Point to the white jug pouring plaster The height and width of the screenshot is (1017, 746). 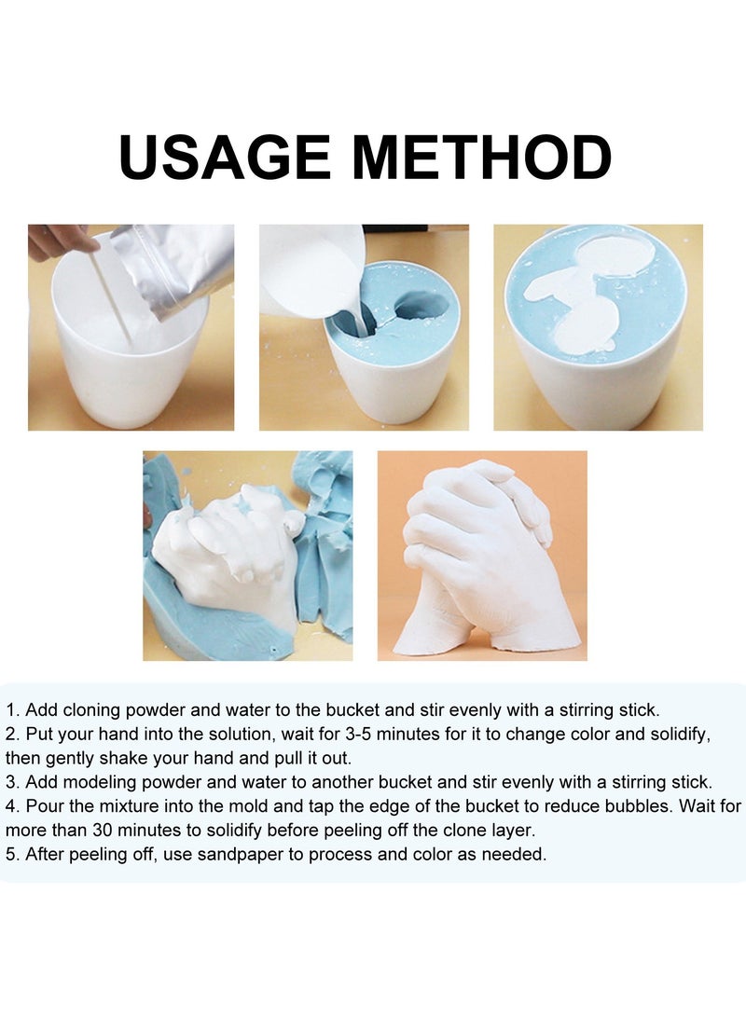[308, 270]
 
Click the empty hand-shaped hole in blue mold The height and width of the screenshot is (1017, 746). [422, 305]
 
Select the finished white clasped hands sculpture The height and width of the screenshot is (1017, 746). [480, 559]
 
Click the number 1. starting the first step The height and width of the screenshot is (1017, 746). [13, 710]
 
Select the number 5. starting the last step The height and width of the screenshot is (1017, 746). [13, 855]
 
